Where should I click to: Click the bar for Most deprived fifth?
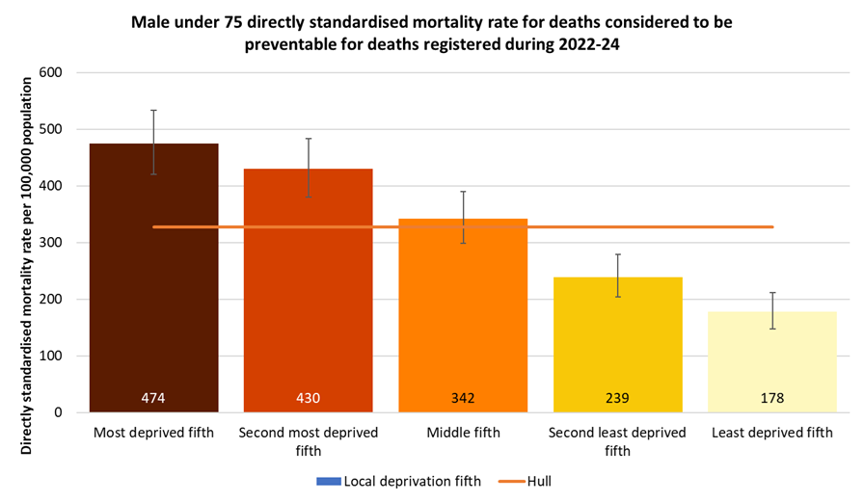(154, 289)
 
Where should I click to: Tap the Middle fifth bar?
(463, 318)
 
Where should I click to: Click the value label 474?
(154, 398)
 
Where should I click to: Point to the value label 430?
(309, 398)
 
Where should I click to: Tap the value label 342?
(463, 398)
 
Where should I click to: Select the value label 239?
(617, 398)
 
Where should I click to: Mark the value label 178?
(772, 398)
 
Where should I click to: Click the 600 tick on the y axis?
(50, 72)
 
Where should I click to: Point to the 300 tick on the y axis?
(50, 243)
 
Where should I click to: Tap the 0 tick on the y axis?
(58, 412)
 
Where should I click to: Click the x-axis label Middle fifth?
(463, 434)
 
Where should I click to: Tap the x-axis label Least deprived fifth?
(772, 434)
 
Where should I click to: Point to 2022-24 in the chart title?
(577, 44)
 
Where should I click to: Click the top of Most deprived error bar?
(154, 111)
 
